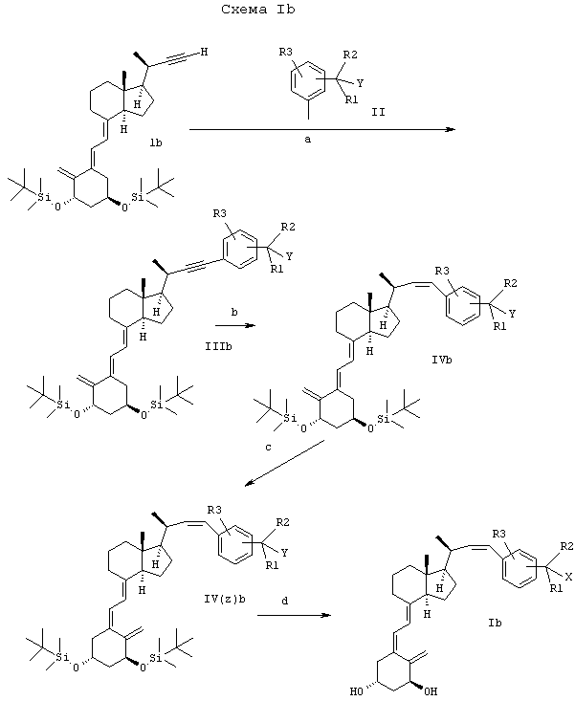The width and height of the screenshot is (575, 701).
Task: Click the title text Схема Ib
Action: coord(258,10)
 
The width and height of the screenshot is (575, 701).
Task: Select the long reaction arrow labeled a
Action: coord(321,130)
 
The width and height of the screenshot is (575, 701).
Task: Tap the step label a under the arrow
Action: coord(308,140)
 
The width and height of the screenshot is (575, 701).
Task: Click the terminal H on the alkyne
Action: coord(204,52)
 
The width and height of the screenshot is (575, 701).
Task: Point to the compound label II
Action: coord(378,112)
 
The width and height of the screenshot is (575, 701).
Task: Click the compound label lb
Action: coord(156,143)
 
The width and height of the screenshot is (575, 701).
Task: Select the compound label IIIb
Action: coord(218,346)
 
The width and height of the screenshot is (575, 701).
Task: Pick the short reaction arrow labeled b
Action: coord(234,325)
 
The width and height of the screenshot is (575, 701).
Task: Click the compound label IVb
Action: coord(442,359)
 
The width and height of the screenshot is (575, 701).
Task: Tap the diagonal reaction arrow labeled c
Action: coord(284,462)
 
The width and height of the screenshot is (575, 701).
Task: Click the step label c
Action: coord(268,447)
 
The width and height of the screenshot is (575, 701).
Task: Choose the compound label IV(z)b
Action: coord(225,599)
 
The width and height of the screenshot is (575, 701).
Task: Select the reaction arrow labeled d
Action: coord(294,616)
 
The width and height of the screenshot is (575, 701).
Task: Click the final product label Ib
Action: coord(496,623)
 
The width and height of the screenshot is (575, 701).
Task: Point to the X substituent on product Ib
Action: coord(568,578)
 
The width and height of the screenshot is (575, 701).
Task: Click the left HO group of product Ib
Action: coord(356,691)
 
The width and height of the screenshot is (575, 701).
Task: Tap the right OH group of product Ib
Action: coord(431,691)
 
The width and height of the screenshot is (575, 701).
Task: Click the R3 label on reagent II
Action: coord(286,52)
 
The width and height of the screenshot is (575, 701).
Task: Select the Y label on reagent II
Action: coord(360,83)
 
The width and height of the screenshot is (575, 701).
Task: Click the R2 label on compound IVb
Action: coord(511,283)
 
